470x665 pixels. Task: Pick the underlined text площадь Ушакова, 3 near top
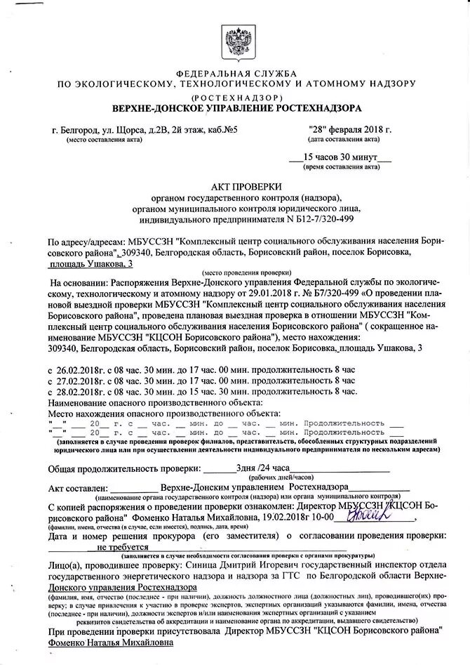tap(90, 263)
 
